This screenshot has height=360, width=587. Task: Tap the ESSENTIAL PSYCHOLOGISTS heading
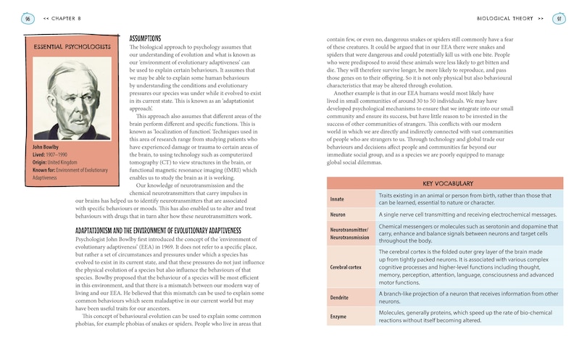[72, 47]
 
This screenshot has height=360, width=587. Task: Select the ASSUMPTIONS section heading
[145, 38]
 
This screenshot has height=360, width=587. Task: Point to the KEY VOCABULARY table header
[447, 184]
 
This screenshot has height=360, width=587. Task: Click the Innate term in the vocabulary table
[338, 198]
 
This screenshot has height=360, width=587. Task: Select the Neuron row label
[338, 215]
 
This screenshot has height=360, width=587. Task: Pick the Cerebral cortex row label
[346, 267]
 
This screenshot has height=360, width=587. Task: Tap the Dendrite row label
[340, 298]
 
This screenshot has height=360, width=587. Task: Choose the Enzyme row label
[338, 317]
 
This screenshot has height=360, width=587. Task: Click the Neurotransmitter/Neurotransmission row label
[350, 233]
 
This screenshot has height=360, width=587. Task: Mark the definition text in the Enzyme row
[464, 317]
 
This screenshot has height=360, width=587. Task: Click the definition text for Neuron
[467, 215]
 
